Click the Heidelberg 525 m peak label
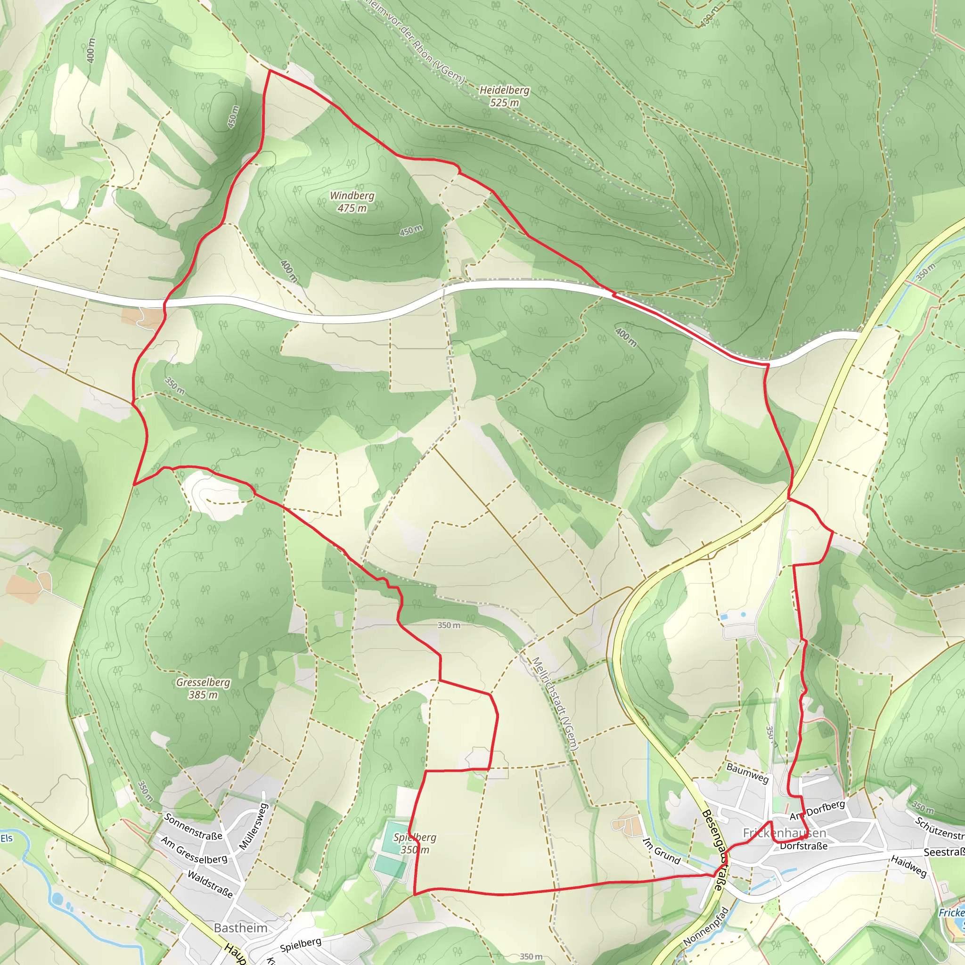point(504,97)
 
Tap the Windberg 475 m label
point(352,202)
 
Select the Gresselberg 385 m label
point(203,688)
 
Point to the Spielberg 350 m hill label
point(415,843)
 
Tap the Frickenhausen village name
point(784,833)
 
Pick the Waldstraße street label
point(210,884)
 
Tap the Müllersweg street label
point(254,826)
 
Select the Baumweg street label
point(747,773)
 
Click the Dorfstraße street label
point(804,846)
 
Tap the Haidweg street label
point(908,866)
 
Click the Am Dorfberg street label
point(817,810)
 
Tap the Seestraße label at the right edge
point(943,852)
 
